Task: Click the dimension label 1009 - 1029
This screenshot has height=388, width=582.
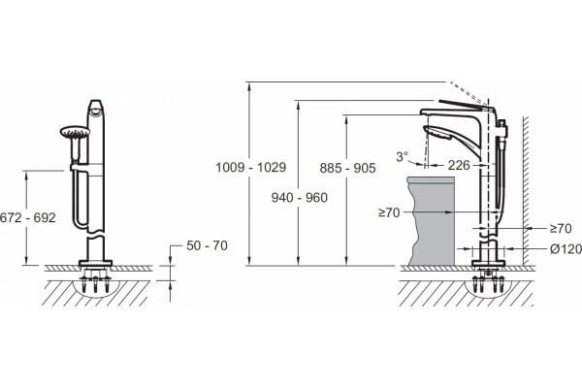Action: (x=251, y=168)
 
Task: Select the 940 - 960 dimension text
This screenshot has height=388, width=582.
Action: (x=299, y=198)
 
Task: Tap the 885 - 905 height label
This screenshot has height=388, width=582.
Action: (x=347, y=168)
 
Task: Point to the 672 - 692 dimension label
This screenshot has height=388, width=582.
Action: (x=27, y=217)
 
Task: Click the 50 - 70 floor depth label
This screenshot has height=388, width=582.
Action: (x=207, y=245)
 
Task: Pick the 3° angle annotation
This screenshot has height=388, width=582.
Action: (x=402, y=157)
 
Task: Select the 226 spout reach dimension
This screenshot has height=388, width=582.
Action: (x=459, y=165)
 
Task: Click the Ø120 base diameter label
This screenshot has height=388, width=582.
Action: (x=566, y=249)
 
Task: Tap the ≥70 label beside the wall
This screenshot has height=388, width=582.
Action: (x=561, y=229)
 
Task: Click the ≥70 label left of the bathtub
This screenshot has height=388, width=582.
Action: (x=389, y=212)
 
